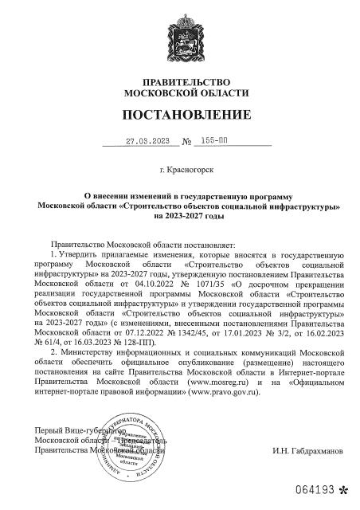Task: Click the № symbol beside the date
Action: (187, 142)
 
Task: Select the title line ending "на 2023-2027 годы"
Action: (179, 215)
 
